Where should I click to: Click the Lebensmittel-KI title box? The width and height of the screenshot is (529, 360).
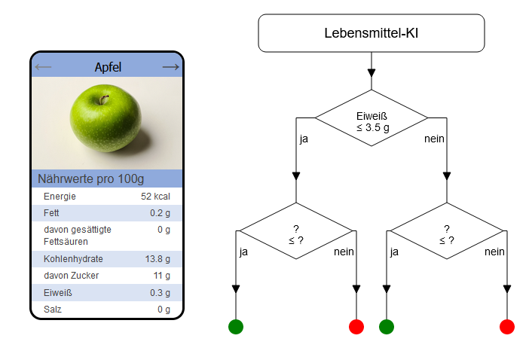(371, 33)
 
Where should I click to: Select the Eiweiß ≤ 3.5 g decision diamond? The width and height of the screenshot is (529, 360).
(371, 117)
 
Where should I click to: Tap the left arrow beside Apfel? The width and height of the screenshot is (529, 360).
(43, 67)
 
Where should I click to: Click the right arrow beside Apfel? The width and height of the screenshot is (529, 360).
(171, 67)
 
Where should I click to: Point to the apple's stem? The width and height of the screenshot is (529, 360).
(103, 99)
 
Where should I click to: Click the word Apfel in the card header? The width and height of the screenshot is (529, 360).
(108, 67)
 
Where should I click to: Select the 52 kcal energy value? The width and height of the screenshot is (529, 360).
(155, 196)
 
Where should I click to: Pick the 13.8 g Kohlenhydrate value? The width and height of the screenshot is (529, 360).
(157, 259)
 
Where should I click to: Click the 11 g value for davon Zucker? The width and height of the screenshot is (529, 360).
(161, 276)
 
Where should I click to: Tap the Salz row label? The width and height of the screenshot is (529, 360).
(53, 309)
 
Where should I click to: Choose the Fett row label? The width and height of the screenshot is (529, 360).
(51, 213)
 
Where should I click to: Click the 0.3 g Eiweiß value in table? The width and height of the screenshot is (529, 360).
(160, 292)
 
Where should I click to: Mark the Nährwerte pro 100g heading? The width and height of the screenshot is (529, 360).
(90, 178)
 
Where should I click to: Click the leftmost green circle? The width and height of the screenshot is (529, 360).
(236, 327)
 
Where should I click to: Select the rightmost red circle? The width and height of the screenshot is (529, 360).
(506, 327)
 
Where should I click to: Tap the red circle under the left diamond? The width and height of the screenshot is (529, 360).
(356, 327)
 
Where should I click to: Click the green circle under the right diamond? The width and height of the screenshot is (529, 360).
(387, 327)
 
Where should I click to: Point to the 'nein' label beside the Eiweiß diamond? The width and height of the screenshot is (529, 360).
(434, 139)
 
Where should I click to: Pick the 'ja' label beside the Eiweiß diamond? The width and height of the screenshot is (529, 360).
(304, 139)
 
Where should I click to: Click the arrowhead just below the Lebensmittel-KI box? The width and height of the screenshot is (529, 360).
(371, 73)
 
